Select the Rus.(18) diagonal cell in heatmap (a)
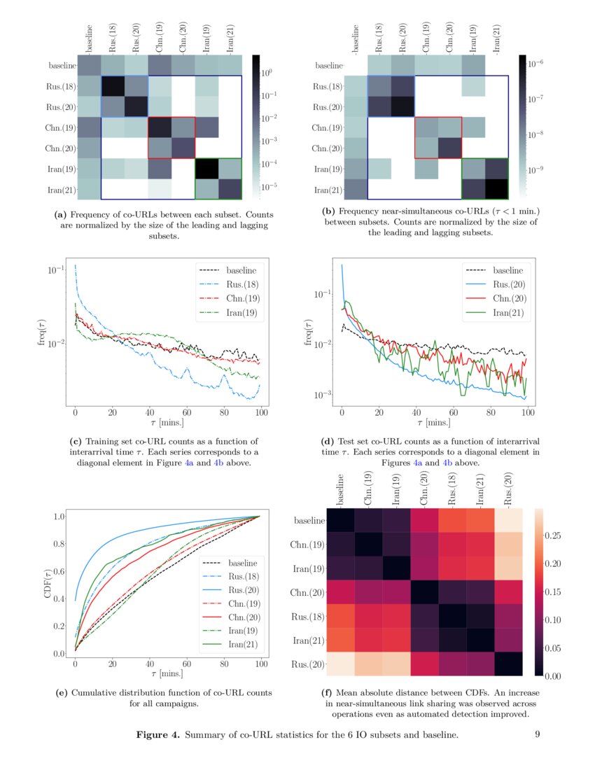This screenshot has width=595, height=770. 113,86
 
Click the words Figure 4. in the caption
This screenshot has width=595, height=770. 158,735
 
